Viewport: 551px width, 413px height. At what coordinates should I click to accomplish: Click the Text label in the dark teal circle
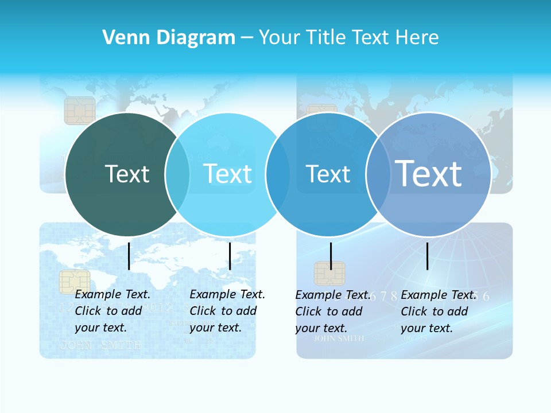click(x=127, y=174)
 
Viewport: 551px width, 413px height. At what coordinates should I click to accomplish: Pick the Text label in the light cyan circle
click(x=227, y=174)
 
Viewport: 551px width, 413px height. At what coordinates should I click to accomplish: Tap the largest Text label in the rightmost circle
click(x=428, y=173)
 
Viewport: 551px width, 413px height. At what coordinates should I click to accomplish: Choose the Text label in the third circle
click(x=328, y=174)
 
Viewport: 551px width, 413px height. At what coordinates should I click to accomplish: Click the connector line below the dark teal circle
click(x=129, y=256)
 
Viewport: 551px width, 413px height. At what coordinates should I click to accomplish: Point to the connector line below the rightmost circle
click(x=428, y=256)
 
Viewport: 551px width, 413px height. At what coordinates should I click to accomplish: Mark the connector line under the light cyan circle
click(x=230, y=256)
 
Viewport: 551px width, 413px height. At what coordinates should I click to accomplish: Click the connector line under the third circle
click(x=331, y=256)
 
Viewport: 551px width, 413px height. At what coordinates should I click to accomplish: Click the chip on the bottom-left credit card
click(x=75, y=282)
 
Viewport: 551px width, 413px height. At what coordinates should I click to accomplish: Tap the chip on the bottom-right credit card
click(x=329, y=274)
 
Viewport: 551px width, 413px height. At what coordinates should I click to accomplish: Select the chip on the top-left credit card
click(x=80, y=110)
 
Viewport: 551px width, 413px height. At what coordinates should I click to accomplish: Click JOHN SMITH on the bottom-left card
click(x=100, y=345)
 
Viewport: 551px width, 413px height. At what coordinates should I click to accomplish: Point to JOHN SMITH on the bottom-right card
click(x=339, y=338)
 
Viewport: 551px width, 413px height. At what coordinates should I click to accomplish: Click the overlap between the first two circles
click(x=177, y=174)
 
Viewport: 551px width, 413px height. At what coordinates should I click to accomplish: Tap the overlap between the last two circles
click(x=378, y=174)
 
